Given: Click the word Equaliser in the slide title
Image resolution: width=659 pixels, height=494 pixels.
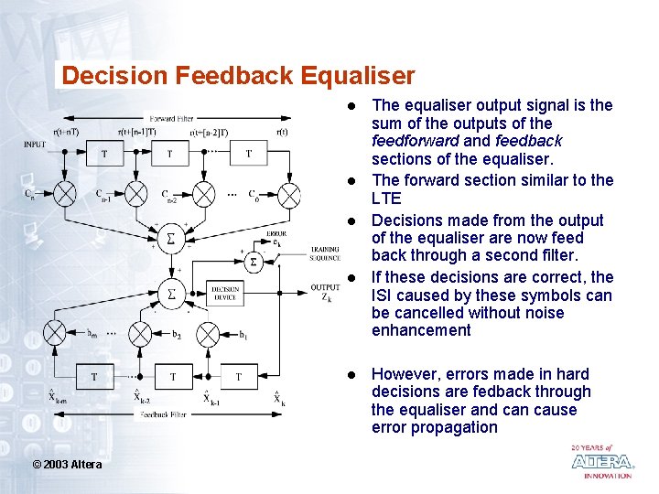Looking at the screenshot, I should click(x=353, y=76).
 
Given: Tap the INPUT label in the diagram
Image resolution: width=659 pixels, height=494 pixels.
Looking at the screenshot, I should click(x=34, y=144).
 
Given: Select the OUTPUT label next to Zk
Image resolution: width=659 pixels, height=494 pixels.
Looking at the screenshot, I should click(x=325, y=287).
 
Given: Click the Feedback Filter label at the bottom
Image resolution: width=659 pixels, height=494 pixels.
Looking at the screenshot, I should click(x=166, y=414).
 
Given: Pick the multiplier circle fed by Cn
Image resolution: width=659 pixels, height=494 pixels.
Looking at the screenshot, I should click(x=66, y=193).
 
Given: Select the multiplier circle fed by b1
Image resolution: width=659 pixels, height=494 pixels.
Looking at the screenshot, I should click(x=208, y=335).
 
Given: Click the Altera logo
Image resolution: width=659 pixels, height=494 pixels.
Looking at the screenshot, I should click(x=601, y=461).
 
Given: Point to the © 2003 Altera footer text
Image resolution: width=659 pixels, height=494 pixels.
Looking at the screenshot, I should click(x=67, y=465).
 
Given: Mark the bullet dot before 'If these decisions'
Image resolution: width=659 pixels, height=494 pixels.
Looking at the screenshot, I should click(x=351, y=277).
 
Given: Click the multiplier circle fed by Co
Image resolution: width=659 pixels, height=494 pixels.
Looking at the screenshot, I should click(x=288, y=193).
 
